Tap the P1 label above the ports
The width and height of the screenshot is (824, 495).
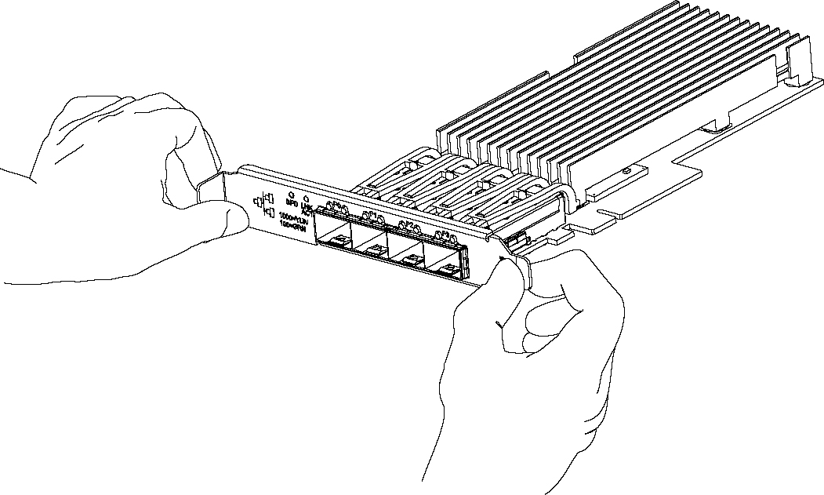[x=372, y=215]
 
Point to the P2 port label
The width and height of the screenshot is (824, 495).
[x=408, y=224]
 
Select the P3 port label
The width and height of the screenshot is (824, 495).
[x=444, y=234]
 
